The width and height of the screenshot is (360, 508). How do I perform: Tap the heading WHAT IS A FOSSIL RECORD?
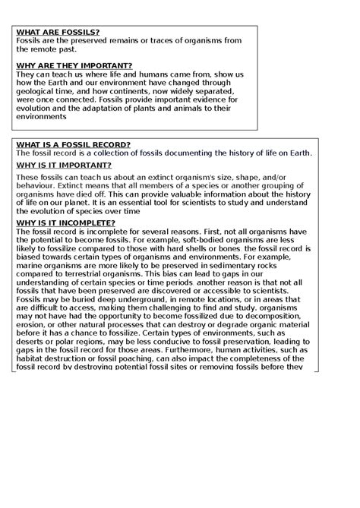73,144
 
